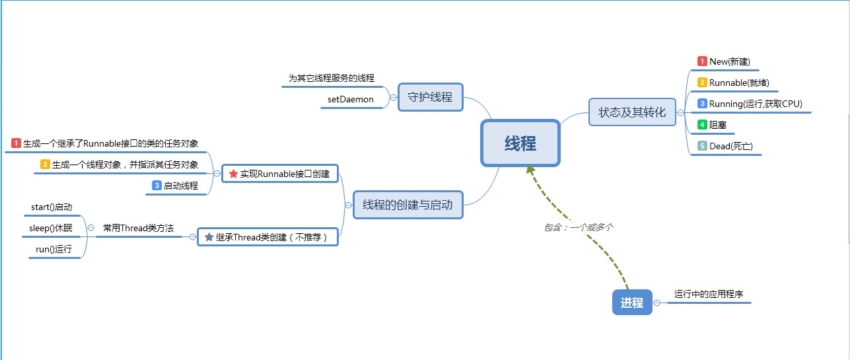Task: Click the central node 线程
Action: tap(520, 143)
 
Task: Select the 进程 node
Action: tap(632, 303)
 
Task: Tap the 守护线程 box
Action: tap(430, 97)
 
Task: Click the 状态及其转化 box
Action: tap(632, 112)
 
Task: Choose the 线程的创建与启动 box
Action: tap(407, 205)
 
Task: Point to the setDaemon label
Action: tap(351, 100)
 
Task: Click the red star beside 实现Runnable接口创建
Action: tap(232, 174)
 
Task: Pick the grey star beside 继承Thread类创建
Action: tap(209, 236)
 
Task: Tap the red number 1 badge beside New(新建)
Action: tap(702, 61)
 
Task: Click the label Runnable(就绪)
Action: tap(739, 83)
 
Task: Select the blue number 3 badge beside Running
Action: tap(702, 104)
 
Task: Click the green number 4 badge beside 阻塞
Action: tap(702, 125)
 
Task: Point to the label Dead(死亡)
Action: tap(730, 146)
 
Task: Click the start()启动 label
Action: tap(52, 207)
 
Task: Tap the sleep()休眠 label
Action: tap(51, 229)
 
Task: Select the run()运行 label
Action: tap(53, 250)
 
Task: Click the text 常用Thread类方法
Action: tap(138, 228)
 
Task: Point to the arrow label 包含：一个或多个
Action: tap(579, 227)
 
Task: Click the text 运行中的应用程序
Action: tap(709, 294)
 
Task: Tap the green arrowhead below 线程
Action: tap(530, 170)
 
